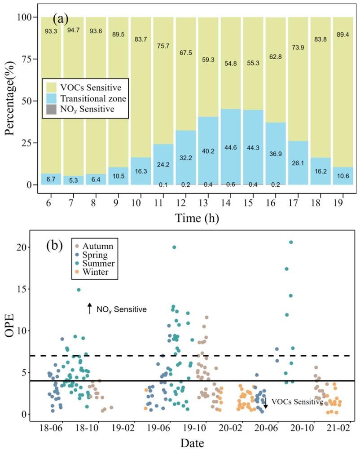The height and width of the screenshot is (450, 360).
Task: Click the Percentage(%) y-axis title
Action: [10, 101]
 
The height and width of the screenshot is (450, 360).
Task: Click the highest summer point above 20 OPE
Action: [291, 242]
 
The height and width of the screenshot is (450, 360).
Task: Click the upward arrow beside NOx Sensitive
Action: [89, 309]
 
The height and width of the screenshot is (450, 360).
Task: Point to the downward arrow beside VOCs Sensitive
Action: [265, 402]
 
